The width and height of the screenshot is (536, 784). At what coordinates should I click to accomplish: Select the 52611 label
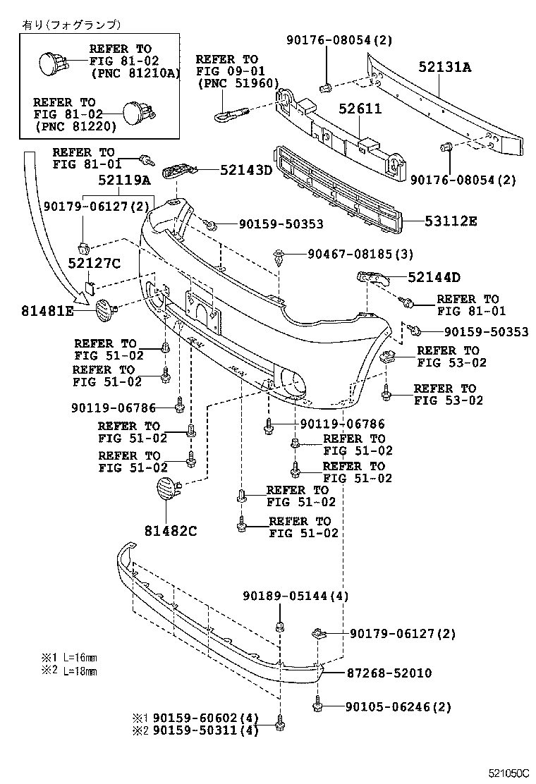[x=360, y=109]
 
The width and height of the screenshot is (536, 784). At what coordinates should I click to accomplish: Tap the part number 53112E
[x=451, y=221]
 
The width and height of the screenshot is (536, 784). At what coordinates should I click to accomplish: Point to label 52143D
[x=245, y=170]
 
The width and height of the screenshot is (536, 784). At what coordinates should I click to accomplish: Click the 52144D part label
[x=434, y=277]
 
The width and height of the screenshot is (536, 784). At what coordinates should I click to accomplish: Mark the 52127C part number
[x=95, y=264]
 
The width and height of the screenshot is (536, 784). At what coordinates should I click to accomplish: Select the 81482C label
[x=171, y=530]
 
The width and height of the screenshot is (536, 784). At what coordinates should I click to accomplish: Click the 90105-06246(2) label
[x=398, y=706]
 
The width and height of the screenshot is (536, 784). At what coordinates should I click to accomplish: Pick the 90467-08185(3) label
[x=360, y=253]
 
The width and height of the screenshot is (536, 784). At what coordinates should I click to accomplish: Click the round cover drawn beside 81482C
[x=166, y=489]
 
